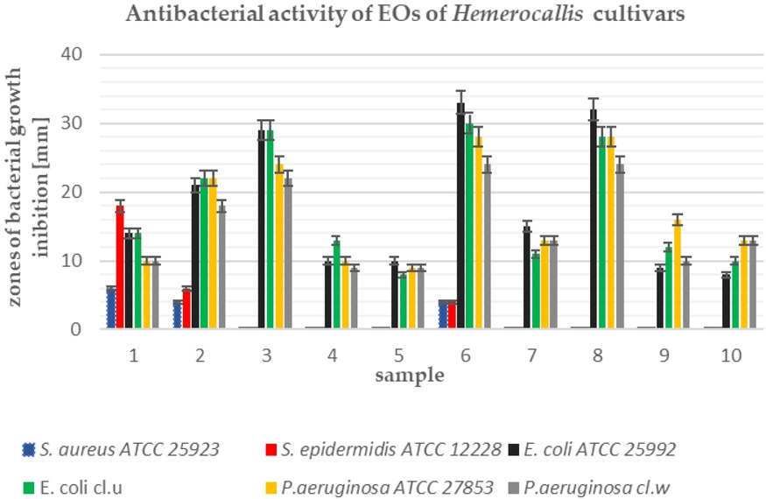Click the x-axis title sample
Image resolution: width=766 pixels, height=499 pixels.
click(x=411, y=376)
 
